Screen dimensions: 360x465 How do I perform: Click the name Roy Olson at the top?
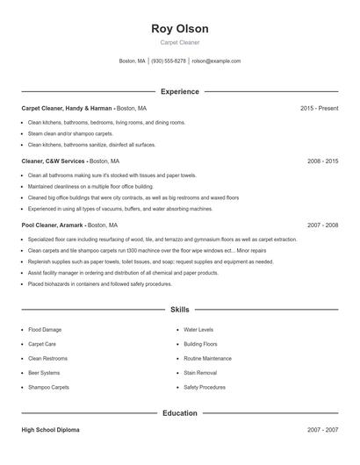pos(180,29)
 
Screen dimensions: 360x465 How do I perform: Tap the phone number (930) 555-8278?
pos(169,61)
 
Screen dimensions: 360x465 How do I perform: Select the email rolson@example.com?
pos(216,61)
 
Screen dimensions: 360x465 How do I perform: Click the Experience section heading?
pos(180,91)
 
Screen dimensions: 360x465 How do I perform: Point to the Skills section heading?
pos(180,310)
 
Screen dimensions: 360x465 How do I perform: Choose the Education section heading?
pos(180,412)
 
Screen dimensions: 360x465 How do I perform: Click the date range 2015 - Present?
pos(319,108)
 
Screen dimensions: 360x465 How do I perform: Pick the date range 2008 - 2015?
pos(322,161)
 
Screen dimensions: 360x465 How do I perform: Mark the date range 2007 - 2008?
pos(322,225)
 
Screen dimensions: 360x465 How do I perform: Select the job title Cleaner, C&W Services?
pos(53,161)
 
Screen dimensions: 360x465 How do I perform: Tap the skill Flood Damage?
pos(45,330)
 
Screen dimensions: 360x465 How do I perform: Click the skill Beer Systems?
pos(46,373)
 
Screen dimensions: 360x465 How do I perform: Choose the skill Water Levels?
pos(198,330)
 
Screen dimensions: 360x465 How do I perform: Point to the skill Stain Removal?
pos(200,373)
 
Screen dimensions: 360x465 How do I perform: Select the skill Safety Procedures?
pos(205,387)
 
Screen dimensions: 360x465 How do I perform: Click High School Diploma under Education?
pos(50,431)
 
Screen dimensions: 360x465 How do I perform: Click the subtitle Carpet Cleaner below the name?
pos(180,42)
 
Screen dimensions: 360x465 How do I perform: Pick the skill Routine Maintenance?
pos(207,359)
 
